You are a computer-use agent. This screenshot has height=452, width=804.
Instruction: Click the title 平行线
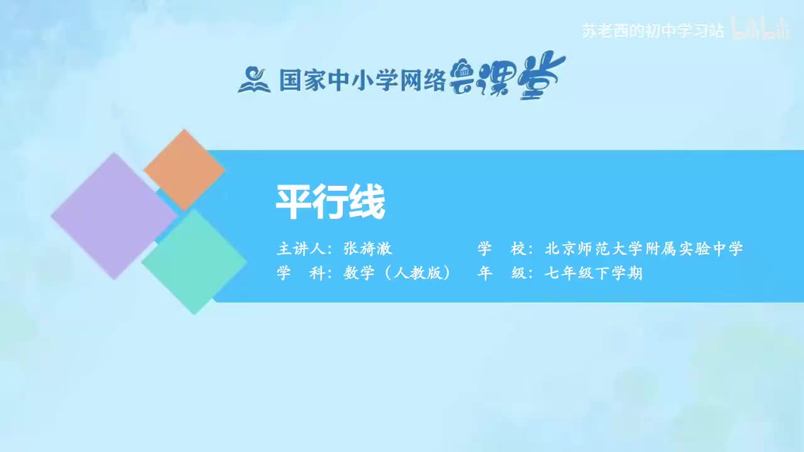click(x=330, y=202)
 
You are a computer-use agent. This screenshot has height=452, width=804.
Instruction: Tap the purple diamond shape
click(x=114, y=215)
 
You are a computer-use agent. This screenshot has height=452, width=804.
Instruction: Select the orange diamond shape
click(x=184, y=169)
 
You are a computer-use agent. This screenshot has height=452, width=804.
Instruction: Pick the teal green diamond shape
click(x=194, y=262)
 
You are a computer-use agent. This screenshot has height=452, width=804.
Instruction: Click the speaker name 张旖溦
click(x=367, y=249)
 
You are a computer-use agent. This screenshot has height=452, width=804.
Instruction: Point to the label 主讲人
click(x=302, y=249)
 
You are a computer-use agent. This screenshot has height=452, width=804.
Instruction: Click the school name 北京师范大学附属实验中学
click(x=644, y=249)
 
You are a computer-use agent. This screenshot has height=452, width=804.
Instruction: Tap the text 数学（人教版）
click(x=397, y=274)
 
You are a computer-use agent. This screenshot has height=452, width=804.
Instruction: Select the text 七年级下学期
click(x=594, y=274)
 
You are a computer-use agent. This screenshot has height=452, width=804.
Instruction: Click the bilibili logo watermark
click(x=761, y=30)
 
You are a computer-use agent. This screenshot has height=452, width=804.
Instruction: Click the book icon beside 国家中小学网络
click(x=254, y=80)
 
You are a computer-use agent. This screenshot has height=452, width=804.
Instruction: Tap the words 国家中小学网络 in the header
click(x=362, y=80)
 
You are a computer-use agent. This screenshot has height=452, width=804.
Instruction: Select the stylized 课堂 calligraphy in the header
click(x=509, y=78)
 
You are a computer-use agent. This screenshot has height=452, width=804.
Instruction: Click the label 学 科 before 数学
click(x=302, y=274)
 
